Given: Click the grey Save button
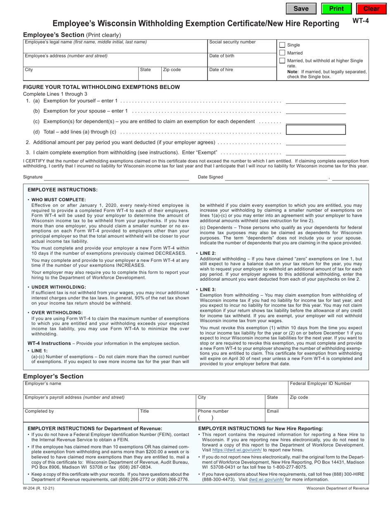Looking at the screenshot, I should coord(301,9).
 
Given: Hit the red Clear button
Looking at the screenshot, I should coord(371,9).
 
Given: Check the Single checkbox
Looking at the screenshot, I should coord(282,45).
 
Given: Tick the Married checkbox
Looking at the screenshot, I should coord(282,53).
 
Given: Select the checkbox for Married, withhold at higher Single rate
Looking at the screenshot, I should coord(282,61).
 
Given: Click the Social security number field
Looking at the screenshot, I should coord(241,48).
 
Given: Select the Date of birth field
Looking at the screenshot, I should coord(241,62).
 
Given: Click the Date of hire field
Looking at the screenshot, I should coord(241,75).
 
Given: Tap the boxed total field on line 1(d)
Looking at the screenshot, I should coord(316,130).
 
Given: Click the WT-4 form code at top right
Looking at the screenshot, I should coord(359,20).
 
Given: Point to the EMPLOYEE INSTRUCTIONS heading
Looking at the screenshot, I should coord(63,190).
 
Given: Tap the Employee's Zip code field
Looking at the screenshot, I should coord(184,75).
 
